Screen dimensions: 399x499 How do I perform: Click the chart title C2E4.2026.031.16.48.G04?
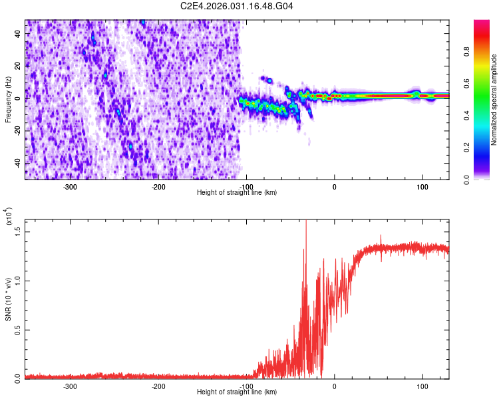tap(238, 6)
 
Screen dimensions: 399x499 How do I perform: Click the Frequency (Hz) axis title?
tap(8, 98)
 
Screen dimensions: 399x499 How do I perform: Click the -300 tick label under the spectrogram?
tap(70, 187)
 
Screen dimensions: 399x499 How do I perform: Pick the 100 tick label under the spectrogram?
tap(422, 187)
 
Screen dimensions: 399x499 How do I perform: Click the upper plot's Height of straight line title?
tap(238, 193)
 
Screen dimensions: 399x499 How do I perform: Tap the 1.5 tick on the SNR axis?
tap(18, 231)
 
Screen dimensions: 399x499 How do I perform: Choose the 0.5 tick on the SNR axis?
tap(18, 329)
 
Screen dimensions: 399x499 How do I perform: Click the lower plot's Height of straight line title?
tap(238, 392)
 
